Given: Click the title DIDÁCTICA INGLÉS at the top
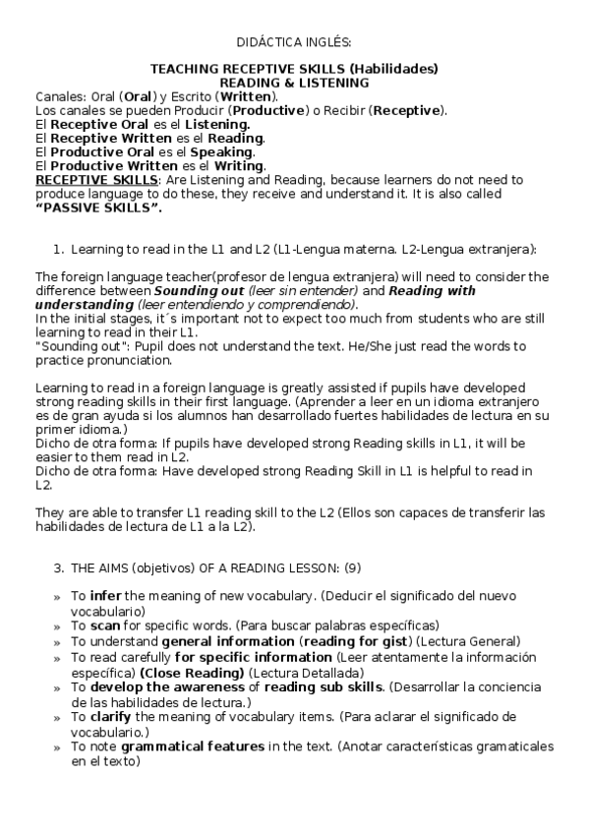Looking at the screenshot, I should pyautogui.click(x=294, y=42).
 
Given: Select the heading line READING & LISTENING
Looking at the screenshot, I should pyautogui.click(x=294, y=83).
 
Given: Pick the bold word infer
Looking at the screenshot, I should pyautogui.click(x=105, y=596).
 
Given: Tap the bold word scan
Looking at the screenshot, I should pyautogui.click(x=104, y=625).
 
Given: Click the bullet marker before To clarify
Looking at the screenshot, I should pyautogui.click(x=56, y=718).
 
